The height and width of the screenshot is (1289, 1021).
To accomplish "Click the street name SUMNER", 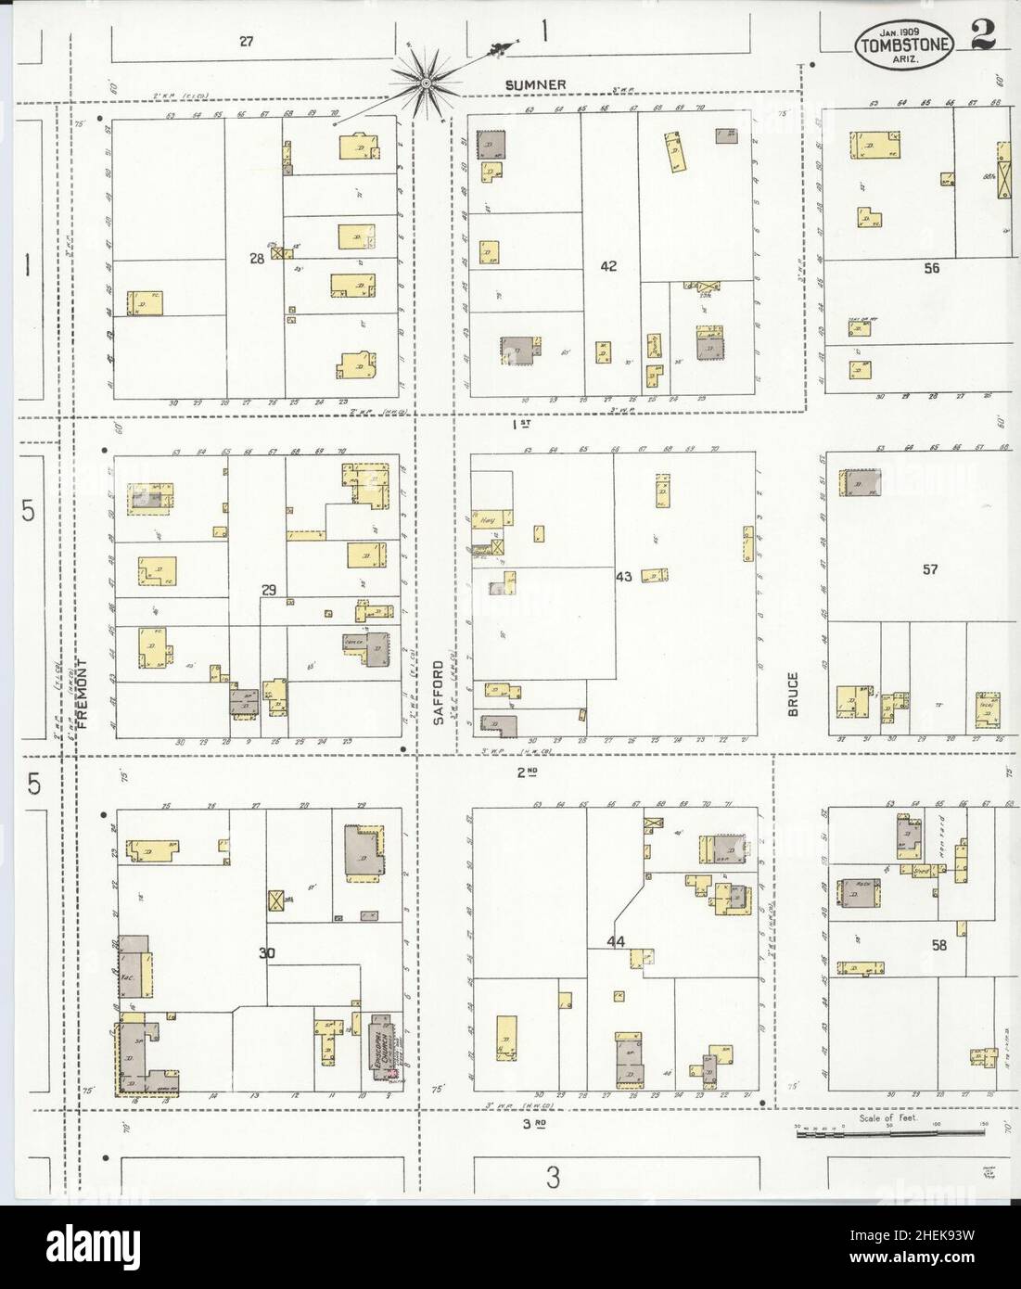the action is click(x=535, y=85).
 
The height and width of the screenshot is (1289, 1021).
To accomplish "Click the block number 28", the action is click(x=257, y=259).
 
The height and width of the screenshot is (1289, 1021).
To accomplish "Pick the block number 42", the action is click(x=608, y=266).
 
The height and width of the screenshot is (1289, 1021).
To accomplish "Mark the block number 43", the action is click(x=623, y=577).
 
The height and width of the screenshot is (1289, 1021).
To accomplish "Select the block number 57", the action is click(x=931, y=569).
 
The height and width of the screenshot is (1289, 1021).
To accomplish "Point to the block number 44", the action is click(x=616, y=942).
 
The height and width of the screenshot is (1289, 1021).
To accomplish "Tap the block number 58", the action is click(x=939, y=946).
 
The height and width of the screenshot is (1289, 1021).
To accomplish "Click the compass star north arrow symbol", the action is click(x=426, y=83).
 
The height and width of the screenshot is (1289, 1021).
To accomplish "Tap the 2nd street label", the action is click(x=528, y=771).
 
